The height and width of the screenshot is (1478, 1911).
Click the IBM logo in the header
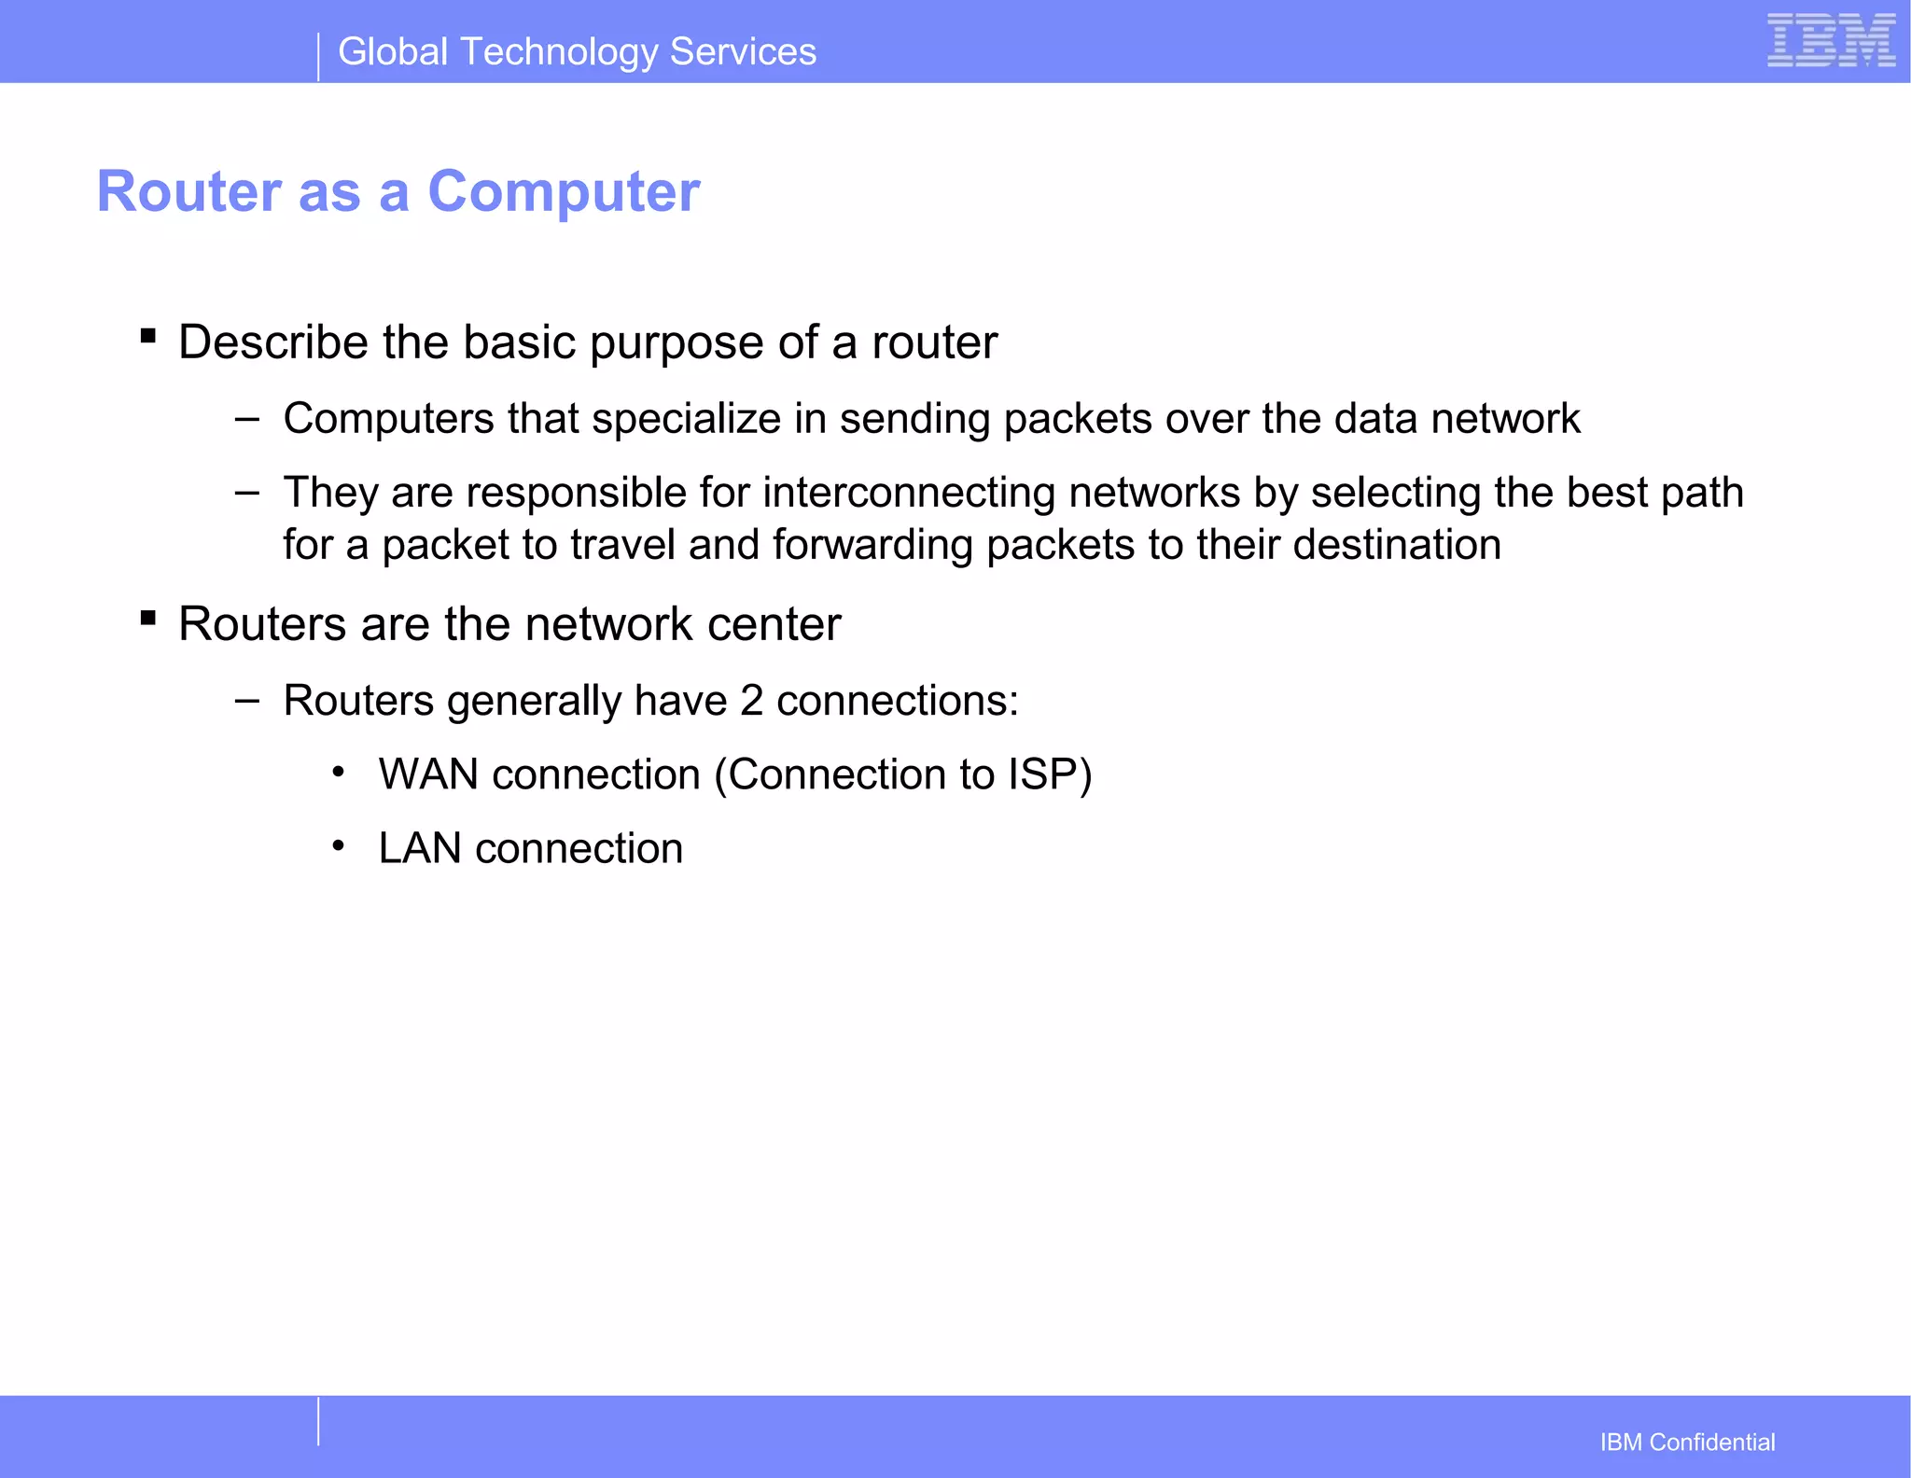click(1830, 40)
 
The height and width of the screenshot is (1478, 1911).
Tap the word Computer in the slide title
click(563, 192)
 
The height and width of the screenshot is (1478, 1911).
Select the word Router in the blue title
click(189, 192)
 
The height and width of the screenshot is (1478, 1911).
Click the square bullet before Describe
click(147, 335)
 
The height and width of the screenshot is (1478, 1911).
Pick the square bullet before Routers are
click(147, 617)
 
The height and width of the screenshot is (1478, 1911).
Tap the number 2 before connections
click(751, 701)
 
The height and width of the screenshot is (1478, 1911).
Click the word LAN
click(419, 849)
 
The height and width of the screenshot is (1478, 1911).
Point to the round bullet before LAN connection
click(339, 846)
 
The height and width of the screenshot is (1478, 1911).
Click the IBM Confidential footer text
click(1686, 1443)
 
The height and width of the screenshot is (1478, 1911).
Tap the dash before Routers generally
click(247, 700)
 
